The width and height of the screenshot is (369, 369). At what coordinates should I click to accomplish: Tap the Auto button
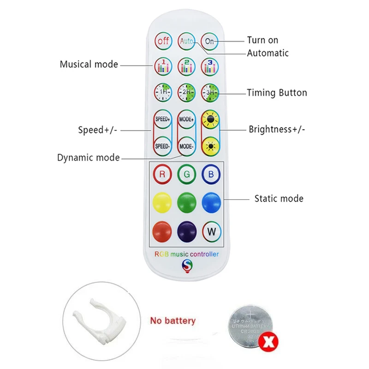point(187,41)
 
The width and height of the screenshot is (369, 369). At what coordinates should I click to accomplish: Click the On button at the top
point(210,41)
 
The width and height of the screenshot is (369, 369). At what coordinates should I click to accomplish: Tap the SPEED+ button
point(162,119)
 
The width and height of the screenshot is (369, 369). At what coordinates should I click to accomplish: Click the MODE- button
point(187,146)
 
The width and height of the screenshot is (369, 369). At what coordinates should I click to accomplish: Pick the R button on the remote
point(162,174)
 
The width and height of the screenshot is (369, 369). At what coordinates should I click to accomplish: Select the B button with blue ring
point(211,174)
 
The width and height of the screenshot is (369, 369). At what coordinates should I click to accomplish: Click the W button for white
point(211,231)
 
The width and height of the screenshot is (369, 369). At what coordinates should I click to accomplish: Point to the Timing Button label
point(277,93)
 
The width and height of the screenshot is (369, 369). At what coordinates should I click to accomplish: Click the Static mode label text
point(279,199)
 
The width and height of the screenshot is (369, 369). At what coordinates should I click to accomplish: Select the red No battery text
point(173,321)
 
